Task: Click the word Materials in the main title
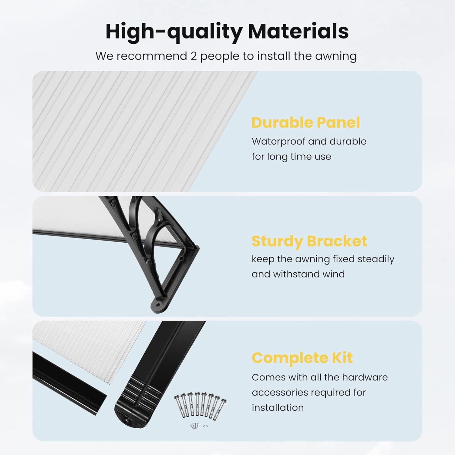pos(298,31)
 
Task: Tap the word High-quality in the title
pos(174,32)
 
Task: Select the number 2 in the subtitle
pos(194,56)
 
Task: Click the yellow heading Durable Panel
pos(305,123)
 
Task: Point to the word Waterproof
pos(278,141)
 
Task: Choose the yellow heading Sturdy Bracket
pos(309,241)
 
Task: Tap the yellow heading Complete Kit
pos(302,358)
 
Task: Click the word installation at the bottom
pos(278,407)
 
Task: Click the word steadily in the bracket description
pos(376,259)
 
